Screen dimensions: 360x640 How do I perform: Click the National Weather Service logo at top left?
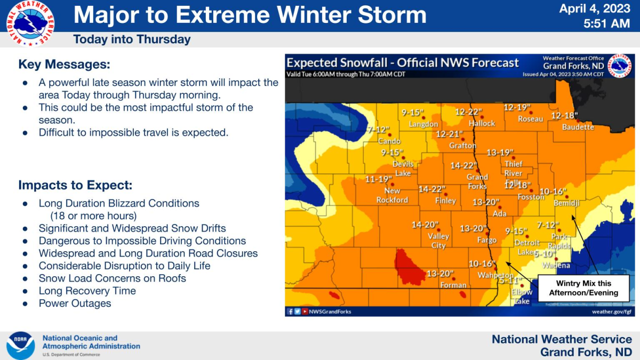tap(30, 23)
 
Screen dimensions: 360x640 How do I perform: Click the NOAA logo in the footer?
tap(21, 345)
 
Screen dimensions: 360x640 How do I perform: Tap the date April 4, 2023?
tap(595, 9)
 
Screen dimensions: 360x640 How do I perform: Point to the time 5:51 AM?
tap(607, 23)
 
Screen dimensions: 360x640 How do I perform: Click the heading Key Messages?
tap(64, 65)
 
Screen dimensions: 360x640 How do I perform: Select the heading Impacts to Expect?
tap(75, 185)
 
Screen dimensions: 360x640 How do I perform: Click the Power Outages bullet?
tap(75, 303)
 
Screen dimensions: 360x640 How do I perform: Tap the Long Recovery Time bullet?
tap(87, 291)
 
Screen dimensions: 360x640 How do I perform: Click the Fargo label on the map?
tap(486, 241)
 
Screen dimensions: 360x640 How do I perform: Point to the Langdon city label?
tap(423, 124)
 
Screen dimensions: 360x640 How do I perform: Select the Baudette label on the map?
tap(578, 127)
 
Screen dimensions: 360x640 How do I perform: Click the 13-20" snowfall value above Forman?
tap(440, 274)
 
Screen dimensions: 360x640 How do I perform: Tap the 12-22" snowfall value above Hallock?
tap(468, 112)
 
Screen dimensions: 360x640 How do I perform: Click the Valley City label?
tap(438, 241)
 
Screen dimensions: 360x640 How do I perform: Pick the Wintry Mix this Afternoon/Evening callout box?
tap(583, 288)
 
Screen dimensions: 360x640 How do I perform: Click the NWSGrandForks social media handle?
tap(330, 311)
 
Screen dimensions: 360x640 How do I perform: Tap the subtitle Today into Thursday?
tap(132, 39)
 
